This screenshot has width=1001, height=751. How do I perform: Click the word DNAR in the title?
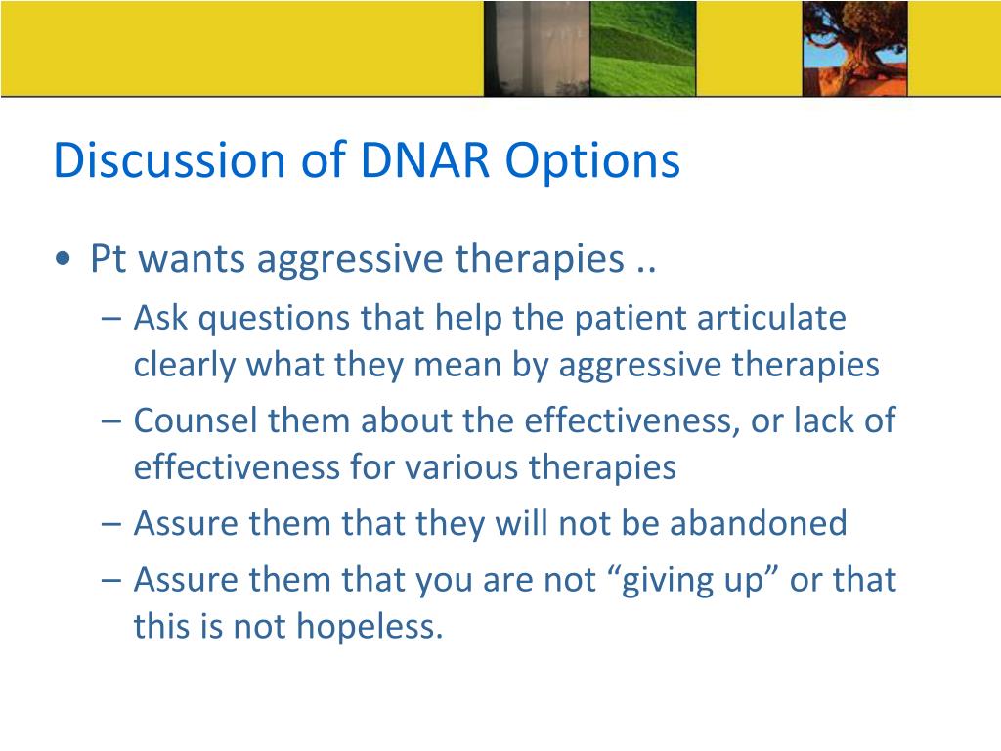pyautogui.click(x=425, y=159)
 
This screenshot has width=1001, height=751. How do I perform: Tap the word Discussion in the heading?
pyautogui.click(x=169, y=159)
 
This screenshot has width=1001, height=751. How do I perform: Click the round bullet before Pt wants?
pyautogui.click(x=63, y=259)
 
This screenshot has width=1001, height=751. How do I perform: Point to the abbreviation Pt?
pyautogui.click(x=109, y=258)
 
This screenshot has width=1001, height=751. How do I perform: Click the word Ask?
pyautogui.click(x=161, y=318)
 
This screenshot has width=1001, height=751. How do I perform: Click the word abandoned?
pyautogui.click(x=759, y=523)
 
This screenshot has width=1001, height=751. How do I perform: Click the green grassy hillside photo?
pyautogui.click(x=643, y=49)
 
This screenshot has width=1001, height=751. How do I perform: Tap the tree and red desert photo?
pyautogui.click(x=854, y=49)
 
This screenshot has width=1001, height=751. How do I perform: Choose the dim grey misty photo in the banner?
pyautogui.click(x=537, y=49)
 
